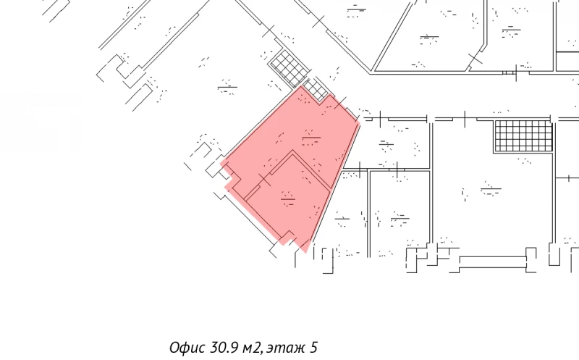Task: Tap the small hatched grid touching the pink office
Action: (315, 89)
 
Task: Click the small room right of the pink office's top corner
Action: (391, 143)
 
